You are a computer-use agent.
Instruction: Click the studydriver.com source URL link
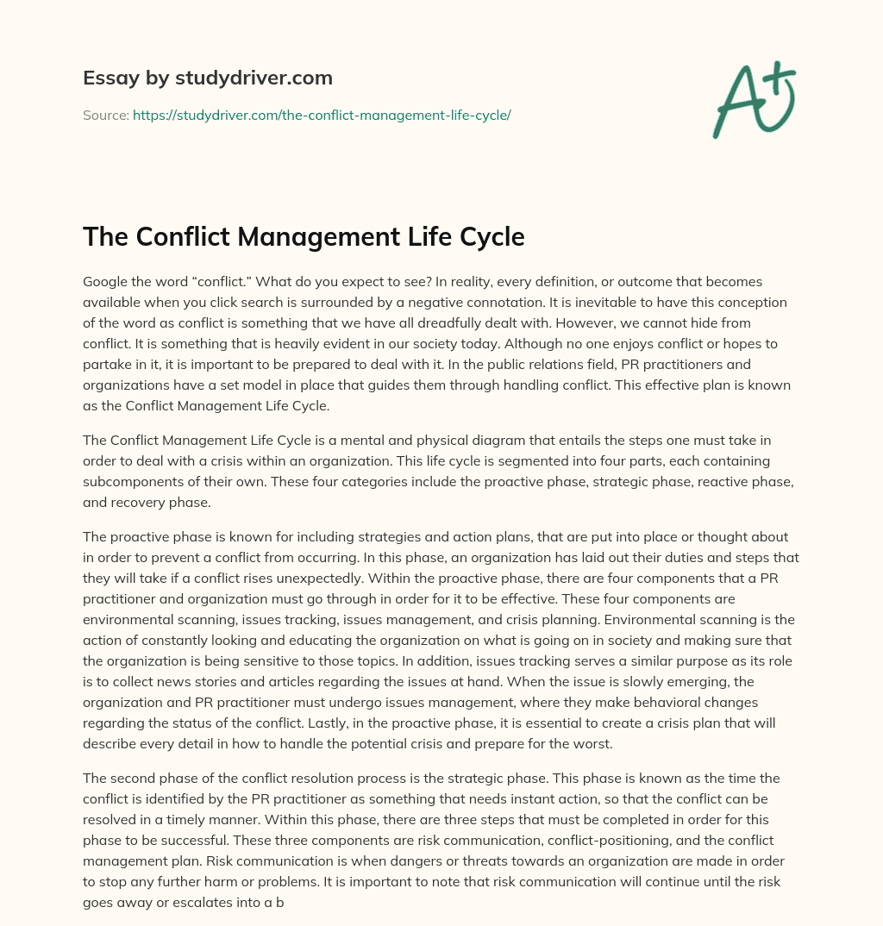[x=322, y=115]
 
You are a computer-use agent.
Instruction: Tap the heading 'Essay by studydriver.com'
[x=207, y=78]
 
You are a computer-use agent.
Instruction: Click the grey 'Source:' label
[x=105, y=115]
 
